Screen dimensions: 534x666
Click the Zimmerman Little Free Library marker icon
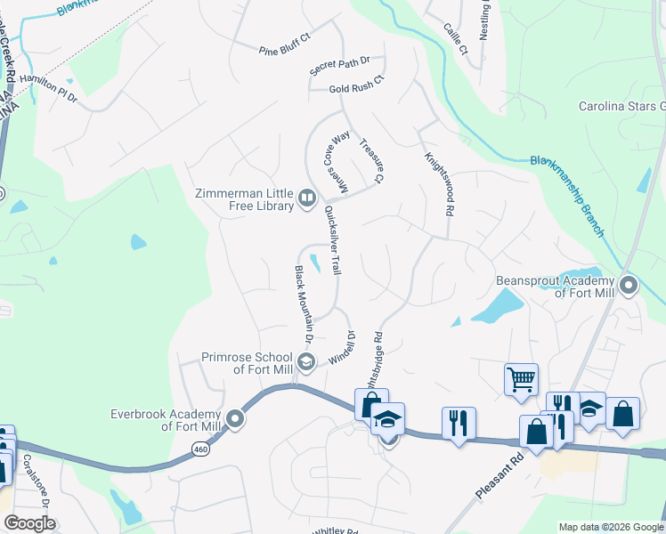coord(306,198)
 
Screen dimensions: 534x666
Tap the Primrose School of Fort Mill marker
coord(306,361)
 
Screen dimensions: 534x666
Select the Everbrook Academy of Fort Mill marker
coord(235,418)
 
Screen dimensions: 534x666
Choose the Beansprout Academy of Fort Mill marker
coord(629,287)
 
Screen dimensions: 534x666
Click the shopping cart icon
coord(521,379)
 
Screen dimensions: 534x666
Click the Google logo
coord(29,523)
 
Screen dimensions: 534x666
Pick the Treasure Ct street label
coord(371,161)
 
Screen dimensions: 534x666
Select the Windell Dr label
coord(343,346)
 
